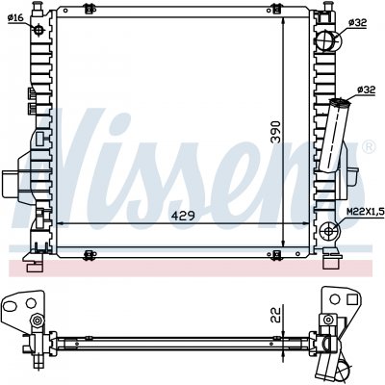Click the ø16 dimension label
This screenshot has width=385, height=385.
[15, 17]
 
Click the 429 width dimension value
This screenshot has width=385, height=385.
[183, 216]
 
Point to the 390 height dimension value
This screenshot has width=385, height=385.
[275, 132]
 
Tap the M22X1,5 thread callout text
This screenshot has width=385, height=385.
[366, 212]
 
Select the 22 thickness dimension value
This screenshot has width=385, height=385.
[275, 315]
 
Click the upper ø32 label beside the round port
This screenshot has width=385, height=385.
[357, 22]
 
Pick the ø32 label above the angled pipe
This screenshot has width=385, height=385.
[366, 90]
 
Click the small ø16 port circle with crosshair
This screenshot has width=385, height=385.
[38, 30]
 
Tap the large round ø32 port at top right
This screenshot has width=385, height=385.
[328, 40]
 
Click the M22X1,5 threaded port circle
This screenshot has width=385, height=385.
[329, 231]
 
